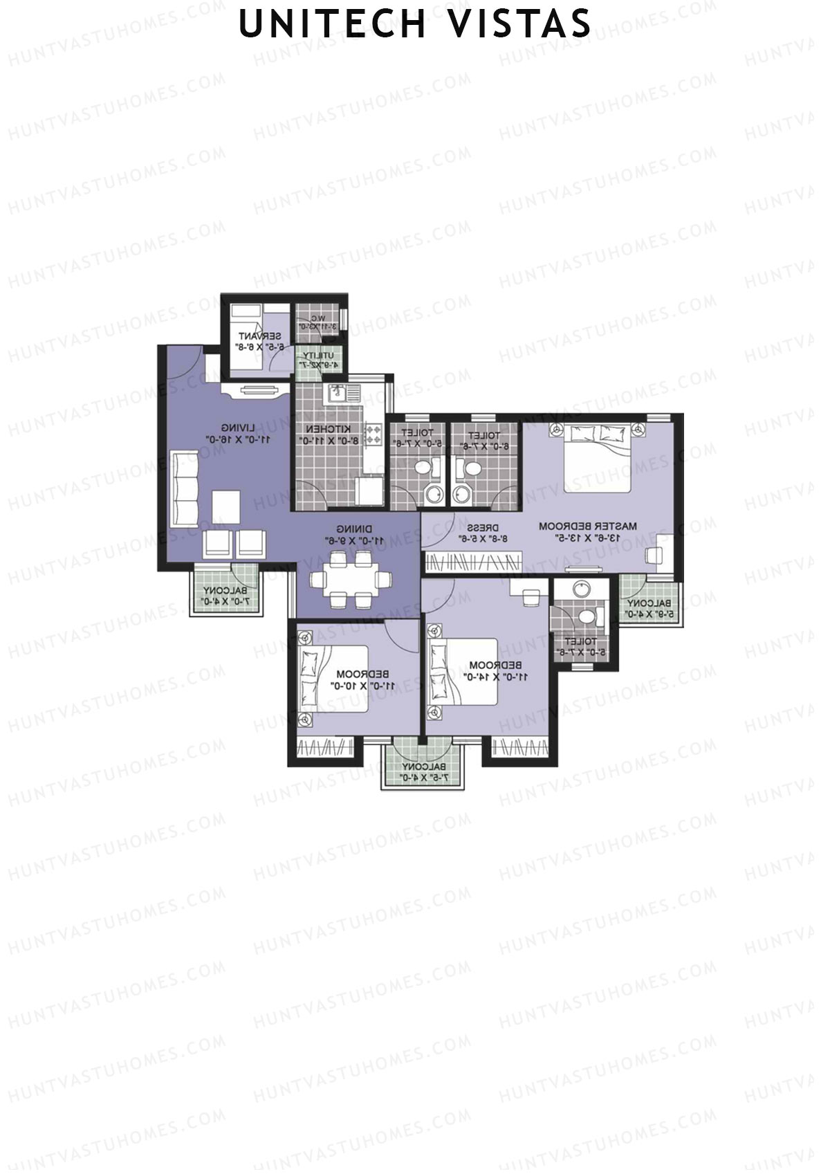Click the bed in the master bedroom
[597, 457]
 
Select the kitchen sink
[340, 394]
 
